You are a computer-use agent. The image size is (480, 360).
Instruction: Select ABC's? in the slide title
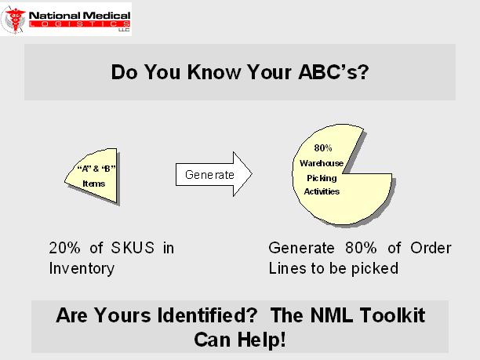pyautogui.click(x=333, y=72)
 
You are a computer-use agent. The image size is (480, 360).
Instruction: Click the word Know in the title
pyautogui.click(x=214, y=72)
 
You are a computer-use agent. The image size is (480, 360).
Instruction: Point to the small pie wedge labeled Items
pyautogui.click(x=91, y=176)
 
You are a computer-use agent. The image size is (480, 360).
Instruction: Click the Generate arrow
pyautogui.click(x=214, y=174)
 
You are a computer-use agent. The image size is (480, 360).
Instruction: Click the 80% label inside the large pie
pyautogui.click(x=323, y=148)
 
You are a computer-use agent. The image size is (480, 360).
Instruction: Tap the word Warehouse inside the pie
pyautogui.click(x=322, y=163)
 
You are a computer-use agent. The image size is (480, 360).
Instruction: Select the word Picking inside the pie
pyautogui.click(x=322, y=178)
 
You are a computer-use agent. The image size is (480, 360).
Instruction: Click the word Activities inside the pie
pyautogui.click(x=322, y=191)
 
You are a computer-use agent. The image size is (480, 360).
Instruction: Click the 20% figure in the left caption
pyautogui.click(x=65, y=248)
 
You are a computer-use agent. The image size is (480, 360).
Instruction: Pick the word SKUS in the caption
pyautogui.click(x=133, y=248)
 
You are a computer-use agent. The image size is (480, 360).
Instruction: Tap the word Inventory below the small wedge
pyautogui.click(x=82, y=268)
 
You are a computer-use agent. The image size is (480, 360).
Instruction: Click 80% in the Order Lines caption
pyautogui.click(x=361, y=248)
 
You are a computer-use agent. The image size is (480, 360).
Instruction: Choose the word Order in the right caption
pyautogui.click(x=431, y=248)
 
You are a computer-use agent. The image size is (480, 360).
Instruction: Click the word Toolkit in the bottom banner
pyautogui.click(x=392, y=315)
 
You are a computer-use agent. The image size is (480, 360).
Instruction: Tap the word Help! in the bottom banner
pyautogui.click(x=262, y=339)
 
